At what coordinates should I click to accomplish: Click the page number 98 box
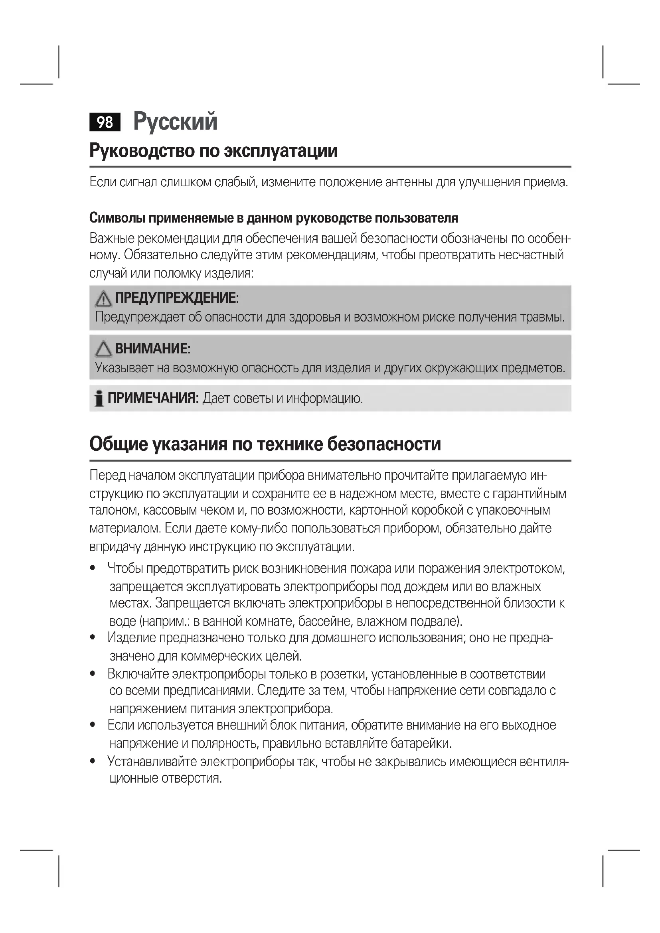tap(105, 122)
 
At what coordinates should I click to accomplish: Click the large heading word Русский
tap(175, 121)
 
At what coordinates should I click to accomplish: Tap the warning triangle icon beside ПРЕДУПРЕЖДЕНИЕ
tap(103, 299)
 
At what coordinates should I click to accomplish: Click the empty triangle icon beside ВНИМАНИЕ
tap(103, 349)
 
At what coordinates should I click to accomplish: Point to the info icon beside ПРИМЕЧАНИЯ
tap(98, 398)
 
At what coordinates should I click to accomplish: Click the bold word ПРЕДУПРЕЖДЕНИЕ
tap(176, 298)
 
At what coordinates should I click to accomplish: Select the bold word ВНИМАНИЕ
tap(152, 348)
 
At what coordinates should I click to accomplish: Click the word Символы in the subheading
tap(117, 218)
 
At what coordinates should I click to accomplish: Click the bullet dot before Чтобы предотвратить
tap(93, 568)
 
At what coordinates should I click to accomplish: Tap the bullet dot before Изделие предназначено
tap(93, 638)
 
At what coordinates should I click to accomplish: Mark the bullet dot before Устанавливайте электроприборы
tap(93, 761)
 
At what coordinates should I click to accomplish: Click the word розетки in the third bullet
tap(344, 674)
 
